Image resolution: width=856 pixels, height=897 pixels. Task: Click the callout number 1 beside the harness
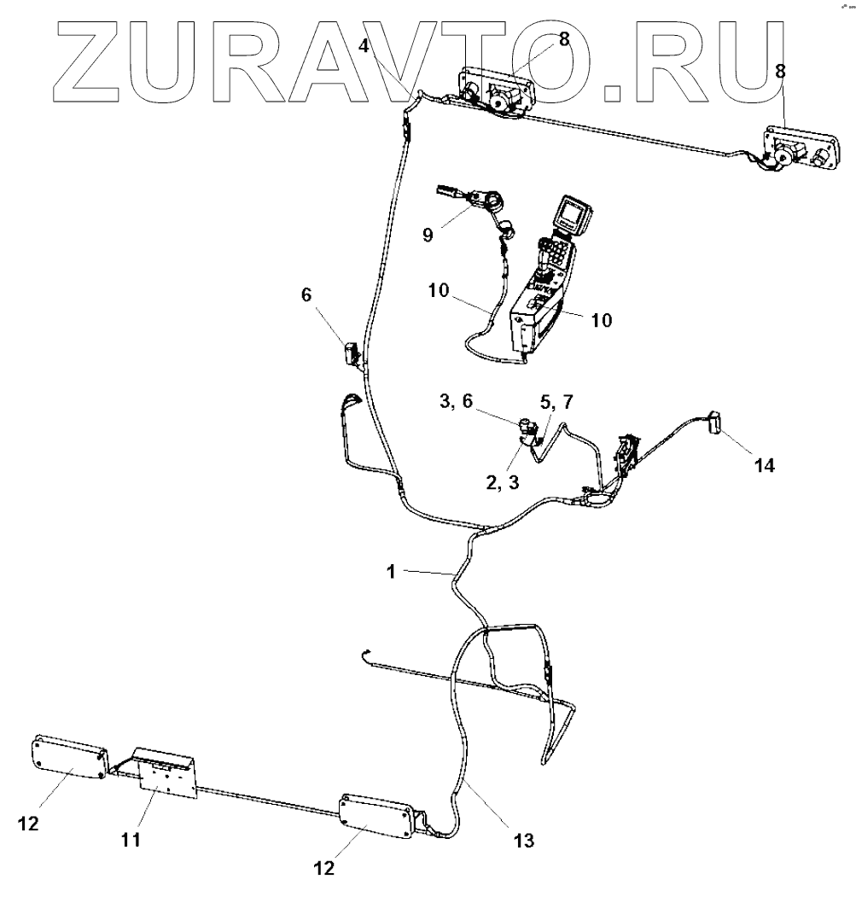[390, 573]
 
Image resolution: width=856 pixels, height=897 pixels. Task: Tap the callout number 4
[364, 46]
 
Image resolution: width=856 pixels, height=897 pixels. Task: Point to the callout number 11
[131, 840]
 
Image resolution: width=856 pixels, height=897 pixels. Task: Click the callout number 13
[524, 841]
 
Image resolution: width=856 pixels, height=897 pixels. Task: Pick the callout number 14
[765, 467]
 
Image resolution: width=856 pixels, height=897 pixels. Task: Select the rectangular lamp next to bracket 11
[68, 758]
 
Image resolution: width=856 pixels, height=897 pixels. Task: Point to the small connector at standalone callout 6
[351, 352]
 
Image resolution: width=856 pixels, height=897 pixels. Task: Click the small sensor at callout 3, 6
[528, 424]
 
